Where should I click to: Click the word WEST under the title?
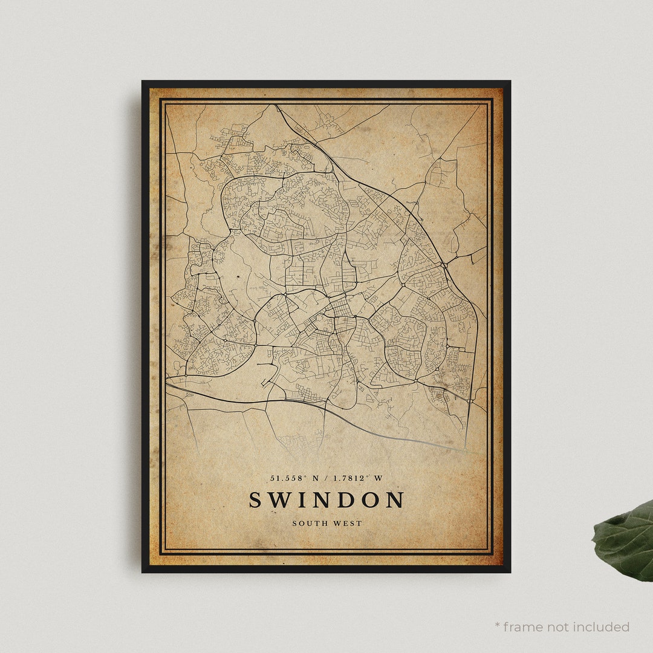[x=349, y=523]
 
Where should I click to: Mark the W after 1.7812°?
[x=378, y=478]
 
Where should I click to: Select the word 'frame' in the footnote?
[x=523, y=627]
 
